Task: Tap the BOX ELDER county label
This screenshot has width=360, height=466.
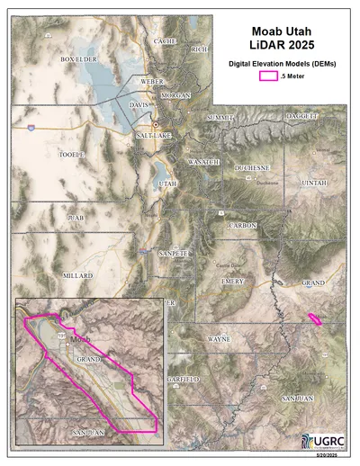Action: coord(78,59)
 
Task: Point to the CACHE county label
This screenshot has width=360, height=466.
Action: coord(166,41)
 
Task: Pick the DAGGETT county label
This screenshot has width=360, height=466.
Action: coord(302,117)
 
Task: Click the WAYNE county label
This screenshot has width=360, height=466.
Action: coord(219,339)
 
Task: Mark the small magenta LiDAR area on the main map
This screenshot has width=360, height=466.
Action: coord(315,318)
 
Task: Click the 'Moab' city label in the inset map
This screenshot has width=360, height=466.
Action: coord(80,339)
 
